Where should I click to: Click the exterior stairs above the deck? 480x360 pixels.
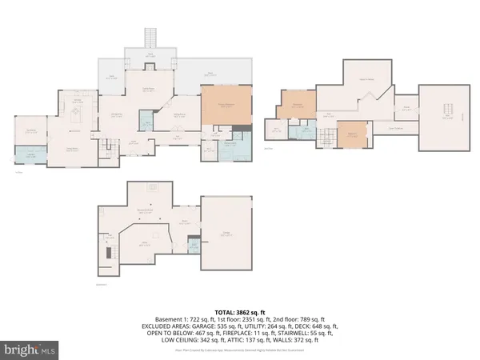click(x=149, y=38)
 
